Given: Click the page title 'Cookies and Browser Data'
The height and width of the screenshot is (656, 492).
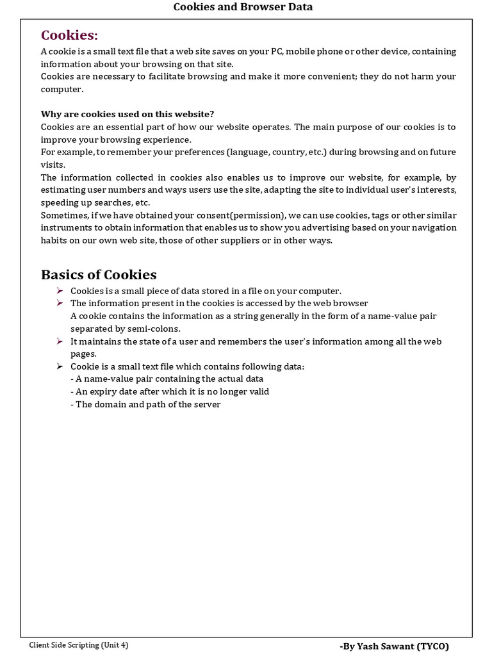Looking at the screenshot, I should pyautogui.click(x=243, y=7).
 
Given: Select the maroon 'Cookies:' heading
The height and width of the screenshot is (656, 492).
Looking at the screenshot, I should pyautogui.click(x=69, y=35).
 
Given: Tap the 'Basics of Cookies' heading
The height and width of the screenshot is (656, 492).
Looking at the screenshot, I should pyautogui.click(x=99, y=275).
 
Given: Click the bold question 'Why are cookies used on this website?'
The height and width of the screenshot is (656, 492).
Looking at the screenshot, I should pyautogui.click(x=127, y=114).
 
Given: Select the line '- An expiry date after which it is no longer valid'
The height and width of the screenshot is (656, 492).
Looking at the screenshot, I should pyautogui.click(x=170, y=391).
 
